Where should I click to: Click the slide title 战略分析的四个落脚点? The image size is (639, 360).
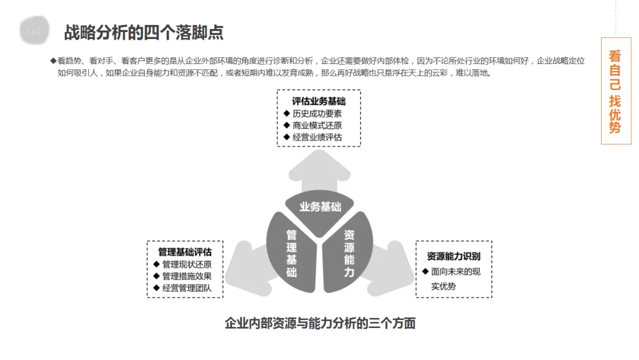pyautogui.click(x=144, y=32)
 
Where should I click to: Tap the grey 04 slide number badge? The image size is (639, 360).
pyautogui.click(x=34, y=32)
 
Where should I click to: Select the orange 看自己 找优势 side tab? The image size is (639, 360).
pyautogui.click(x=615, y=91)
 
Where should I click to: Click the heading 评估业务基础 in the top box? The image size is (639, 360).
pyautogui.click(x=318, y=101)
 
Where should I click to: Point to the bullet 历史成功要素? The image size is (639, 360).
pyautogui.click(x=317, y=114)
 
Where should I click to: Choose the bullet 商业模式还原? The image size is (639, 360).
pyautogui.click(x=317, y=126)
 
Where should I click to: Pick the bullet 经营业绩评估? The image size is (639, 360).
pyautogui.click(x=317, y=137)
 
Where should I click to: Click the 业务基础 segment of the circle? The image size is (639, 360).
pyautogui.click(x=320, y=207)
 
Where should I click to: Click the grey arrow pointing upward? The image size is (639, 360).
pyautogui.click(x=319, y=169)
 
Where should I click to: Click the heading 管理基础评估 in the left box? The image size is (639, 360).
pyautogui.click(x=185, y=252)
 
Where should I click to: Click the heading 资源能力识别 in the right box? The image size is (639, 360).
pyautogui.click(x=454, y=256)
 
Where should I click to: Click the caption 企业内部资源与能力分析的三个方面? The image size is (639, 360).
pyautogui.click(x=320, y=323)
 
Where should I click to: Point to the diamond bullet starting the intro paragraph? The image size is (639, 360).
pyautogui.click(x=53, y=60)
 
